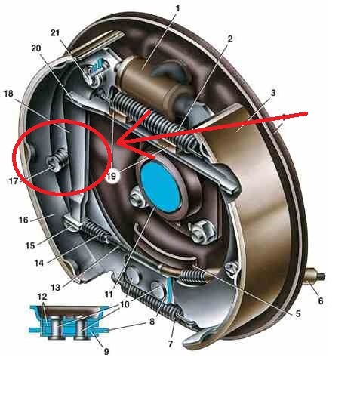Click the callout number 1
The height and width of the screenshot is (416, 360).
pyautogui.click(x=178, y=8)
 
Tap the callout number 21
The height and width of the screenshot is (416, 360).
pyautogui.click(x=55, y=33)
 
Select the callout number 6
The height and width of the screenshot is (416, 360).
pyautogui.click(x=321, y=300)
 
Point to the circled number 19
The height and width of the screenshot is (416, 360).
pyautogui.click(x=112, y=176)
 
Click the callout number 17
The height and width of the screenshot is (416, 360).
pyautogui.click(x=14, y=181)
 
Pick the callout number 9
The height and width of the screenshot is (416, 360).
pyautogui.click(x=106, y=352)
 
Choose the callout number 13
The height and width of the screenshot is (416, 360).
pyautogui.click(x=55, y=288)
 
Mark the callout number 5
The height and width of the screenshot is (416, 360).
pyautogui.click(x=298, y=314)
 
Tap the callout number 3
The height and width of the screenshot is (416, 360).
pyautogui.click(x=273, y=93)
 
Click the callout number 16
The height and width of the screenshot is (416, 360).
pyautogui.click(x=23, y=220)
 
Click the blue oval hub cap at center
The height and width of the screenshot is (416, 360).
pyautogui.click(x=161, y=187)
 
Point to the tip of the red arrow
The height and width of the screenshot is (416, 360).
pyautogui.click(x=116, y=143)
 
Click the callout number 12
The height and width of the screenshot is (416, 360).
pyautogui.click(x=42, y=297)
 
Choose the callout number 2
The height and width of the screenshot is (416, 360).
pyautogui.click(x=229, y=39)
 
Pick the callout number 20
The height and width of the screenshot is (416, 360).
pyautogui.click(x=36, y=48)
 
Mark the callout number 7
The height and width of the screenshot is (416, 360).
pyautogui.click(x=171, y=344)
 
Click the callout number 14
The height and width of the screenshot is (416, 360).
pyautogui.click(x=39, y=263)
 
